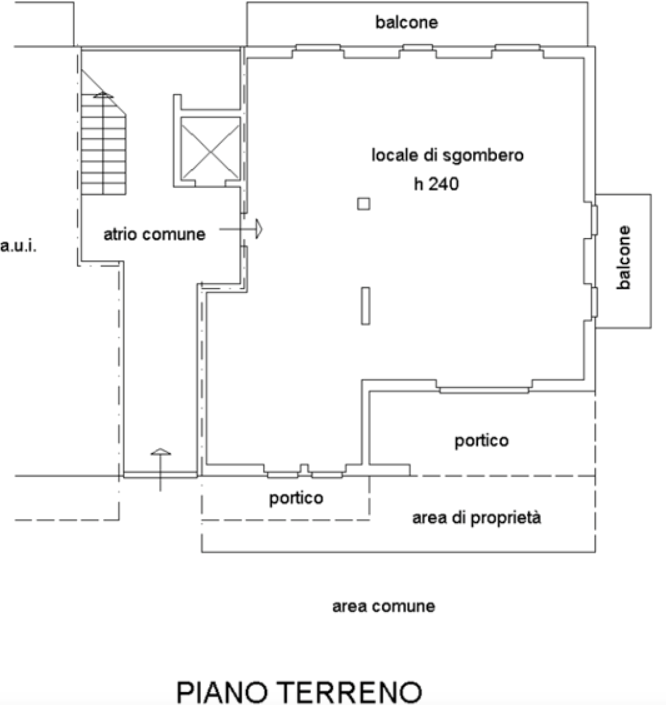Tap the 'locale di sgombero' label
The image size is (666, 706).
(x=447, y=156)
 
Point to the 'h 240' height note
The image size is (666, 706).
(x=436, y=184)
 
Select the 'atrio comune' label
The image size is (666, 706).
(x=154, y=234)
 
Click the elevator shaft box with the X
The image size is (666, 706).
(x=210, y=148)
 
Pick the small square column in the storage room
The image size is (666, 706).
(x=364, y=204)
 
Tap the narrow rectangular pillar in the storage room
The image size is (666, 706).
(x=365, y=306)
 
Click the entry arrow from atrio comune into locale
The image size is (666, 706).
(x=241, y=229)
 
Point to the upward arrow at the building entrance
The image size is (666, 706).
(x=161, y=469)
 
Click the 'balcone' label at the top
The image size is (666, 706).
(x=406, y=23)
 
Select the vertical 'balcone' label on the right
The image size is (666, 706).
(x=624, y=258)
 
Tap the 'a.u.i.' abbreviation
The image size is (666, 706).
(x=18, y=246)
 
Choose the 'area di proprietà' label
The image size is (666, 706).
(x=477, y=518)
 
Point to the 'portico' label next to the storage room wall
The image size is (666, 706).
(x=481, y=441)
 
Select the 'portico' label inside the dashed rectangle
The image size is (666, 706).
(x=296, y=499)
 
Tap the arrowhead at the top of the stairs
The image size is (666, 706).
(x=103, y=94)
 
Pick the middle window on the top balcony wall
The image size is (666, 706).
(x=418, y=47)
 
